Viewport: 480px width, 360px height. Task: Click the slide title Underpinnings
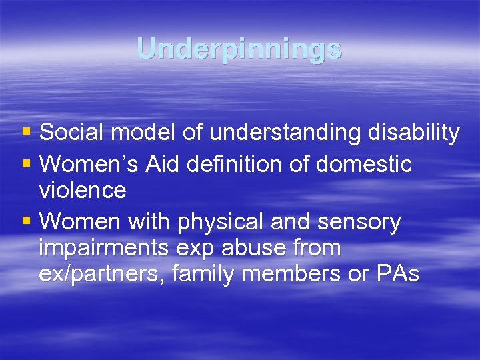pyautogui.click(x=239, y=49)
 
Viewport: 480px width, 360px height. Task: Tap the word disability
pyautogui.click(x=413, y=133)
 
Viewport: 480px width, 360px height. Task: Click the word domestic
pyautogui.click(x=364, y=163)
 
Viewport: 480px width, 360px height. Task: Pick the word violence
pyautogui.click(x=83, y=191)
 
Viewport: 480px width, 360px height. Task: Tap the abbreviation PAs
pyautogui.click(x=398, y=275)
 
